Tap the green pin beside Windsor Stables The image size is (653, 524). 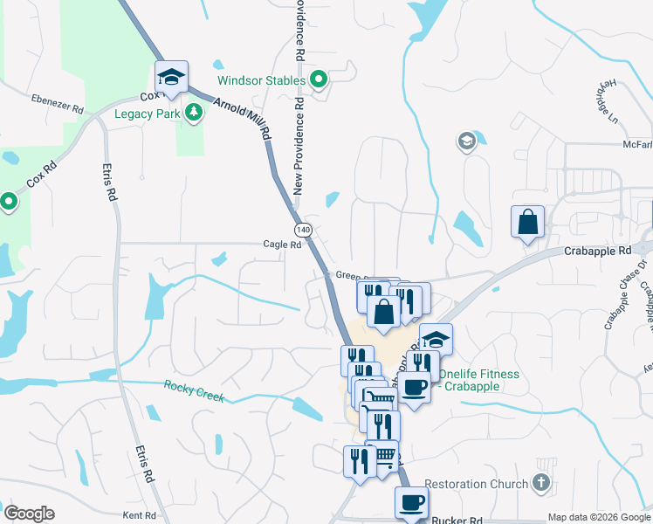[x=320, y=81]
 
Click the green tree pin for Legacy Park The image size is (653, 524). [x=193, y=113]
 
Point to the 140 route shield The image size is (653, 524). [x=302, y=230]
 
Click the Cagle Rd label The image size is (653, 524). [x=282, y=245]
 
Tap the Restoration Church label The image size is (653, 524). [x=477, y=484]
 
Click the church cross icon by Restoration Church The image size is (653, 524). [x=541, y=483]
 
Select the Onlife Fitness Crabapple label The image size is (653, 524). [x=478, y=380]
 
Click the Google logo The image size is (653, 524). [x=29, y=514]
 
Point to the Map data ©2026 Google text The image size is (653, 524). [x=599, y=517]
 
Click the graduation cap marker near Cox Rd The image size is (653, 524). [x=171, y=77]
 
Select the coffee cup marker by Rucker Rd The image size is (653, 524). [x=411, y=503]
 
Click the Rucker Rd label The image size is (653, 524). [x=457, y=520]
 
